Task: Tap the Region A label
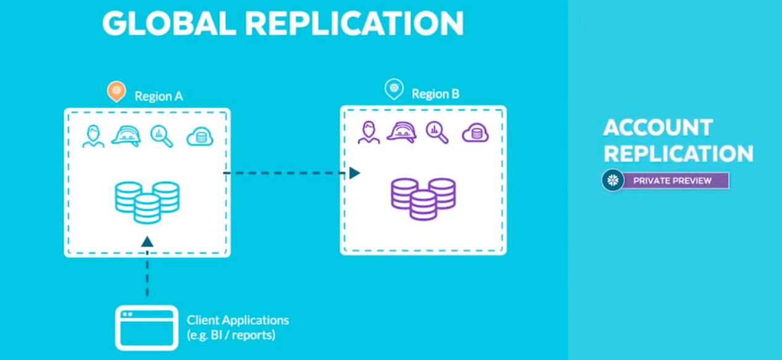click(x=159, y=96)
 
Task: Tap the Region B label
click(x=435, y=94)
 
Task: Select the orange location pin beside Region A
click(x=116, y=91)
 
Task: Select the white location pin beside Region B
click(x=394, y=89)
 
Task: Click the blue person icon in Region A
click(x=93, y=136)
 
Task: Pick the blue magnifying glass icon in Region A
click(x=162, y=136)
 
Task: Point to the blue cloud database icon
click(x=199, y=136)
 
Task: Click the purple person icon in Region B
click(x=368, y=133)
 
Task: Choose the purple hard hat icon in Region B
click(x=401, y=132)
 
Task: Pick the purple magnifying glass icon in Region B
click(x=437, y=132)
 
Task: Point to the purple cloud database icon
click(x=475, y=133)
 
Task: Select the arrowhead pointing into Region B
click(x=354, y=173)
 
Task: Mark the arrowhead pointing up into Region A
click(x=147, y=241)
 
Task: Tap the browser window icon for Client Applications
click(x=147, y=327)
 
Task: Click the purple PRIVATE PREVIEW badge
click(x=672, y=181)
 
